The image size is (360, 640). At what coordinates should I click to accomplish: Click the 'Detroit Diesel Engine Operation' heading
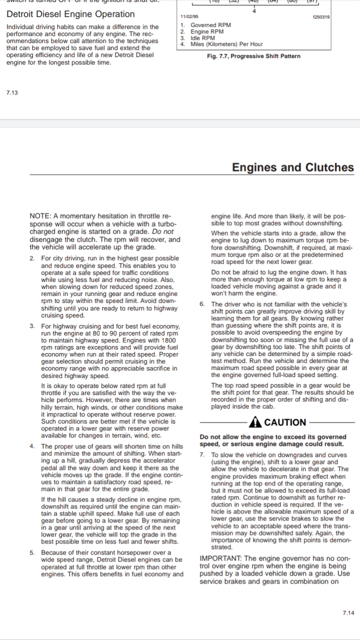click(x=70, y=14)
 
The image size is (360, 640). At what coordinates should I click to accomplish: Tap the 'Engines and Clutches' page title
click(x=292, y=167)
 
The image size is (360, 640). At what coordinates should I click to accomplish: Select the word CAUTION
click(x=285, y=422)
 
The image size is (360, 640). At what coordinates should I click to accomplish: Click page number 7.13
click(x=12, y=92)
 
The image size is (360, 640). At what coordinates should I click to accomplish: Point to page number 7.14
click(x=348, y=613)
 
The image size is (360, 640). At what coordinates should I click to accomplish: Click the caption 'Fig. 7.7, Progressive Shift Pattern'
click(x=253, y=56)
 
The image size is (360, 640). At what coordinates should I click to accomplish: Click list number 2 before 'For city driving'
click(x=31, y=257)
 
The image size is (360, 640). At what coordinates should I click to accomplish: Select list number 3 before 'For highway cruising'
click(x=31, y=326)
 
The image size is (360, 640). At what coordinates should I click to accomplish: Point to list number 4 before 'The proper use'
click(x=31, y=446)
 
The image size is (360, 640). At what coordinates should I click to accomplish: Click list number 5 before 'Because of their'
click(x=31, y=552)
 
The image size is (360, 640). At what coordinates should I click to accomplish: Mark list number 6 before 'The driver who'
click(x=201, y=304)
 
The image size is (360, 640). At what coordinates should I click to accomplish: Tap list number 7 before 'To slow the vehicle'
click(x=201, y=455)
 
